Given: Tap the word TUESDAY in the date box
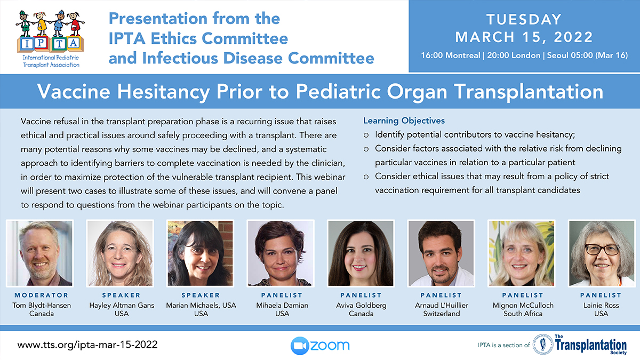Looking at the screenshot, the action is point(524,20).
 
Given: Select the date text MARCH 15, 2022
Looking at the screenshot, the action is point(524,37).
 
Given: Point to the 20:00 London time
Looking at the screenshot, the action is point(514,55).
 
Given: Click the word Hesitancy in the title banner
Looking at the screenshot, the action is point(163,92).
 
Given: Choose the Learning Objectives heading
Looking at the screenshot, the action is point(404,121).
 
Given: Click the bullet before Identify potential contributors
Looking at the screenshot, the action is point(366,135).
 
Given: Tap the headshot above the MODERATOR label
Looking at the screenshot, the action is point(39,253).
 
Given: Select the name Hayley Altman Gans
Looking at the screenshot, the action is point(122,306).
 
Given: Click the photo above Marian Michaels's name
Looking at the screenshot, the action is point(201,253).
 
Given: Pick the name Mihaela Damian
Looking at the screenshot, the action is point(282,306).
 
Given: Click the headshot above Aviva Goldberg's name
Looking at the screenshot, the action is point(361,253).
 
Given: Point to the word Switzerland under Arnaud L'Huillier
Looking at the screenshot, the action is point(442,314).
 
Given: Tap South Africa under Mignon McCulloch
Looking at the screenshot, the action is point(523,314).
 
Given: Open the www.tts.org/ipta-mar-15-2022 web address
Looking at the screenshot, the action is point(87,345).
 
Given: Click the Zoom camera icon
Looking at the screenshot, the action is point(300,346).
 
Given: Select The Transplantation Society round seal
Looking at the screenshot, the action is point(543,345).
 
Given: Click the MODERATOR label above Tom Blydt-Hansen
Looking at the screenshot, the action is point(42,295).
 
